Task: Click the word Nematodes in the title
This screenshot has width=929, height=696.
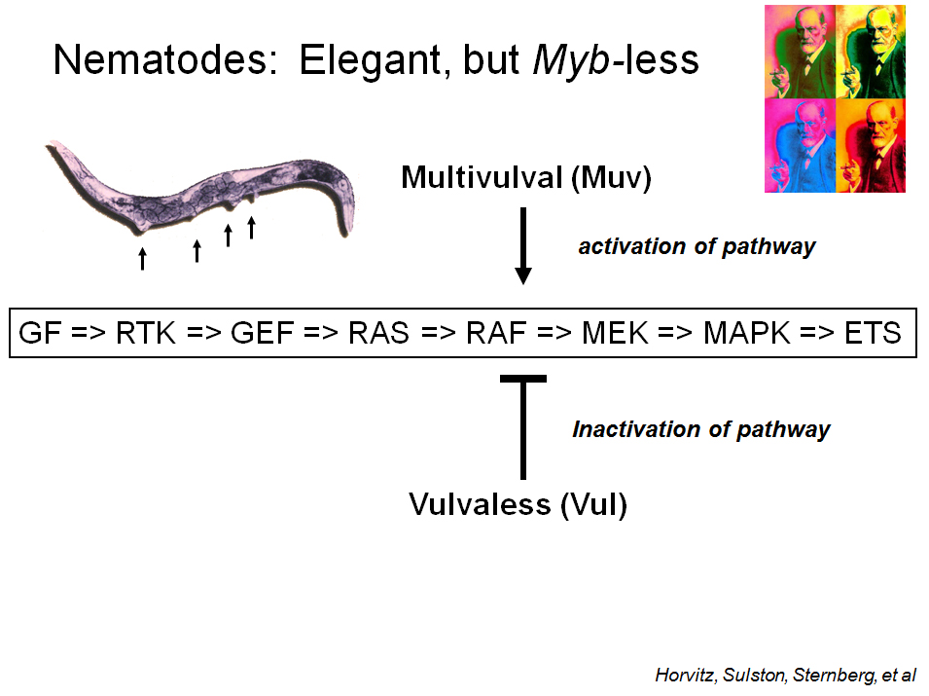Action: (x=165, y=60)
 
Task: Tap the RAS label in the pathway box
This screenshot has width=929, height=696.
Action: (x=378, y=333)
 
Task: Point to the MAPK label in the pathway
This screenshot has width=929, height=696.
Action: (x=747, y=333)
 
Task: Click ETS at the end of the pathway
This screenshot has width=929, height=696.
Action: (x=873, y=333)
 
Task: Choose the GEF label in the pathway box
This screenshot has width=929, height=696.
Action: (x=263, y=333)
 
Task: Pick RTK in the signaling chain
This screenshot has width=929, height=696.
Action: (x=146, y=333)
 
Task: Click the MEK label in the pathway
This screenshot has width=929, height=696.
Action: (x=615, y=333)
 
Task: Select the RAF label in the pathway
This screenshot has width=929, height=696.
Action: (x=496, y=333)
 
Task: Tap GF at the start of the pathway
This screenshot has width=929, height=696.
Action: (x=40, y=333)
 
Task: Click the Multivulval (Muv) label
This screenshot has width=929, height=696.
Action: (x=526, y=178)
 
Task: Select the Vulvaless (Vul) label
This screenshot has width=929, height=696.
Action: (x=518, y=505)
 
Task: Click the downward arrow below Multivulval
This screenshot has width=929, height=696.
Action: (x=523, y=246)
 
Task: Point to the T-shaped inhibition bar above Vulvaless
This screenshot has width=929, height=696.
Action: (x=523, y=427)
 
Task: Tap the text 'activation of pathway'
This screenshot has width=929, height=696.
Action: (x=697, y=247)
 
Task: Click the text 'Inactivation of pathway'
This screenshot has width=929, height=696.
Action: (x=701, y=430)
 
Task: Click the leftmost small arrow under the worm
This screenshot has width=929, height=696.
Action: (x=142, y=259)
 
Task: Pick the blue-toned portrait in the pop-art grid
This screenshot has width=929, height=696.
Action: (x=800, y=146)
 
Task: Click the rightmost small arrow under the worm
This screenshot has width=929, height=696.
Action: (x=251, y=228)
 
